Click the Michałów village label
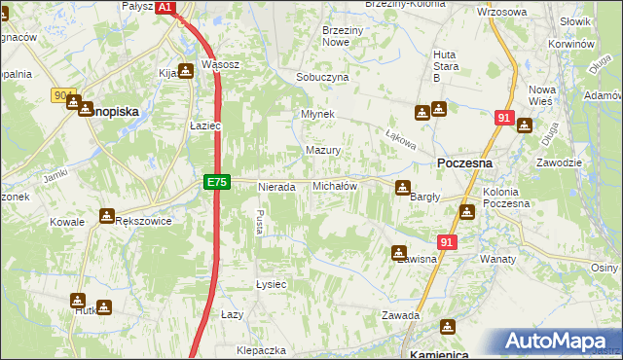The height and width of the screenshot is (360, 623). pyautogui.click(x=335, y=186)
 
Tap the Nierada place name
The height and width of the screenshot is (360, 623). pyautogui.click(x=276, y=187)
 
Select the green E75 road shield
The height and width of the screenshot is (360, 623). pyautogui.click(x=217, y=182)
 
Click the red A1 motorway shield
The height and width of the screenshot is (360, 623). pyautogui.click(x=165, y=7)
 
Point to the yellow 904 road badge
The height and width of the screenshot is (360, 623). pyautogui.click(x=64, y=95)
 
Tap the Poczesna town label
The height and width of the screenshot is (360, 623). pyautogui.click(x=464, y=163)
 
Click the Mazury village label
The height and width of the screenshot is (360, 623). pyautogui.click(x=323, y=151)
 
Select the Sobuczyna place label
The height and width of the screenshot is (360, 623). pyautogui.click(x=322, y=77)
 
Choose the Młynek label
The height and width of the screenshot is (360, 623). pyautogui.click(x=318, y=114)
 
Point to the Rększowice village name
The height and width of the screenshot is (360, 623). pyautogui.click(x=143, y=221)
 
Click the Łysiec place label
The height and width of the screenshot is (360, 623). pyautogui.click(x=270, y=284)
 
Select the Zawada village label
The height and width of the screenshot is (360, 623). pyautogui.click(x=400, y=315)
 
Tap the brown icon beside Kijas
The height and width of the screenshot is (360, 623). pyautogui.click(x=185, y=72)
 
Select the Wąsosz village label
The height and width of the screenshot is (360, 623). pyautogui.click(x=220, y=65)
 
